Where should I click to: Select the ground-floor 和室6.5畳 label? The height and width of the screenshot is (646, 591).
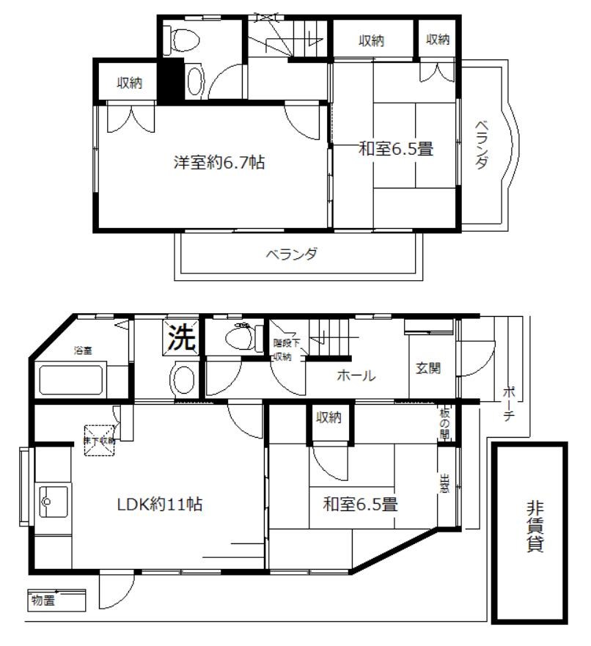pos(360,504)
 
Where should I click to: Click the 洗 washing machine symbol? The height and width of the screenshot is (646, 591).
pos(183,337)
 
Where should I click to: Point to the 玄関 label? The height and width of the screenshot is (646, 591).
pos(429,369)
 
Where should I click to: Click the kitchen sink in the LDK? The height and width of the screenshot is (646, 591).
pos(52,502)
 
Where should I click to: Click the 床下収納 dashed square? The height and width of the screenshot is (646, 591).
pos(100,441)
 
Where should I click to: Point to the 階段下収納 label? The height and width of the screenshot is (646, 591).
pos(285,350)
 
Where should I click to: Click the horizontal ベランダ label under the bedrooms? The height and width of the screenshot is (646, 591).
pos(292,254)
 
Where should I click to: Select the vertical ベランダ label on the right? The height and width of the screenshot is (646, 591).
pos(480,144)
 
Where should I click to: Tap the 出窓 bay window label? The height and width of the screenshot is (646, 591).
pos(444,484)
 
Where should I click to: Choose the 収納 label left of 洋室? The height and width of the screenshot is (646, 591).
pos(130,84)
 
